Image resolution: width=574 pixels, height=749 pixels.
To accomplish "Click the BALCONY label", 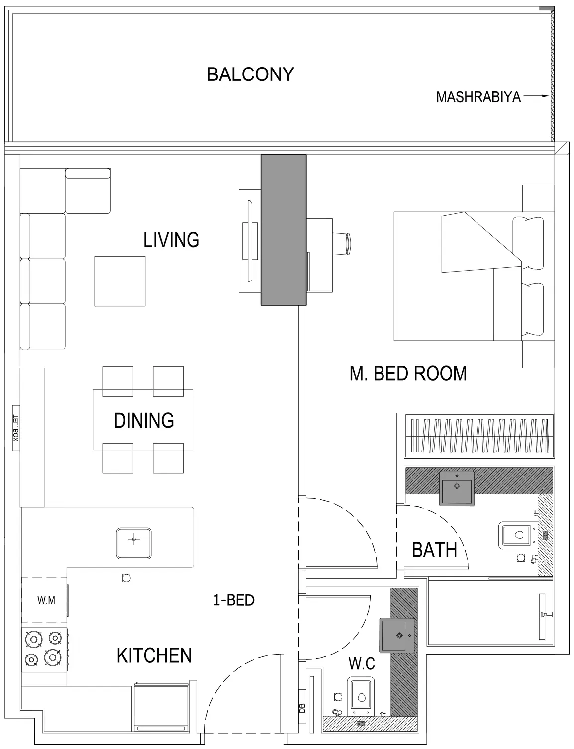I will pyautogui.click(x=250, y=75).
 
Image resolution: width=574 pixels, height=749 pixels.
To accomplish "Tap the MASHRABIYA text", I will pyautogui.click(x=478, y=97).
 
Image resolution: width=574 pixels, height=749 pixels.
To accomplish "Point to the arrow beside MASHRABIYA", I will pyautogui.click(x=536, y=96).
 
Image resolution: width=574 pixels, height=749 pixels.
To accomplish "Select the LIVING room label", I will pyautogui.click(x=171, y=240).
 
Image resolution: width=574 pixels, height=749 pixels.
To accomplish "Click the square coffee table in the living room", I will pyautogui.click(x=120, y=281).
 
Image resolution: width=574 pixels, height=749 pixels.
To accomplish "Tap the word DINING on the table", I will pyautogui.click(x=144, y=421).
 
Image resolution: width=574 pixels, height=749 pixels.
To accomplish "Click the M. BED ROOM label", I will pyautogui.click(x=408, y=374).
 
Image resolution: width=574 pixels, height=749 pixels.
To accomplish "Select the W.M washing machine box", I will pyautogui.click(x=45, y=600).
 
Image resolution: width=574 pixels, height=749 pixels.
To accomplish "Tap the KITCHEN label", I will pyautogui.click(x=154, y=655).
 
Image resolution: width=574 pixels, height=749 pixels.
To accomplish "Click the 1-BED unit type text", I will pyautogui.click(x=233, y=600).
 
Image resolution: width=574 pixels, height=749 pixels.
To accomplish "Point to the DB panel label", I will pyautogui.click(x=302, y=708).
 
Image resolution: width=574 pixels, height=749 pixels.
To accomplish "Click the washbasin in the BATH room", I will pyautogui.click(x=457, y=487).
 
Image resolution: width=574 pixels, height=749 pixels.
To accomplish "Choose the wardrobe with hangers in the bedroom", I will pyautogui.click(x=478, y=435).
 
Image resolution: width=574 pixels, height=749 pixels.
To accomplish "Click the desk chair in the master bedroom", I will pyautogui.click(x=343, y=243).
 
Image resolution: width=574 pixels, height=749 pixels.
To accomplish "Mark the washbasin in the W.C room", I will pyautogui.click(x=397, y=635).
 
